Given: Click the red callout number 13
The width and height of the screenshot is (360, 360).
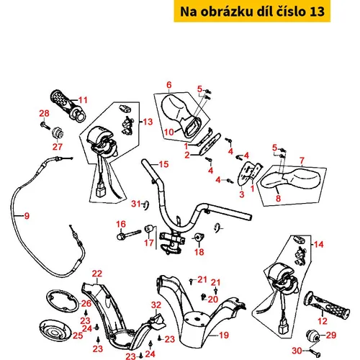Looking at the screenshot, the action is click(148, 122).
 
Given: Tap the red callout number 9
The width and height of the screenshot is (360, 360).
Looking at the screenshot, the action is click(27, 216).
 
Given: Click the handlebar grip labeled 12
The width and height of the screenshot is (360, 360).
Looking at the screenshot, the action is click(327, 305).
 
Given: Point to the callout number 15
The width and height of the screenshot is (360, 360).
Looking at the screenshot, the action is click(164, 164).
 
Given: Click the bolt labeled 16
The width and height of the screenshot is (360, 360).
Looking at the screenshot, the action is click(128, 234).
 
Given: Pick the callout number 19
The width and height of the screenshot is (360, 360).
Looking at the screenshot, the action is click(224, 336).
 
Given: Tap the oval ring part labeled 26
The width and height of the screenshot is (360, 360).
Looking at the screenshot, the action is click(63, 300).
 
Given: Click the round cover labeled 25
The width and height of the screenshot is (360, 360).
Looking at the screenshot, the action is click(55, 330).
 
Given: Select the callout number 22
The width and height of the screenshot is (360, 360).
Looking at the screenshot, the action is click(97, 274).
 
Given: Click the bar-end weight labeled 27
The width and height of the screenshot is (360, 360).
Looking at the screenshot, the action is click(58, 133).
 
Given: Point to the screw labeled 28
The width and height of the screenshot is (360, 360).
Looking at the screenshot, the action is click(45, 125).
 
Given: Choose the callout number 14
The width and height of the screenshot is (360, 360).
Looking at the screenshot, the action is click(319, 245).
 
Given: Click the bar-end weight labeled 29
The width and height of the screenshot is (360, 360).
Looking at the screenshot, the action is click(312, 336).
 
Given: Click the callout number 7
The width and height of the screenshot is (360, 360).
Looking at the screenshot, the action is click(302, 161).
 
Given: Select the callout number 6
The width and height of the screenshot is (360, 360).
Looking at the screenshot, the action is click(169, 85).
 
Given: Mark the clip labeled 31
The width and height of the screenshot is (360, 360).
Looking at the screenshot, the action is click(145, 204).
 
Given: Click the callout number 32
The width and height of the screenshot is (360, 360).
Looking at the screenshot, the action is click(156, 305).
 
